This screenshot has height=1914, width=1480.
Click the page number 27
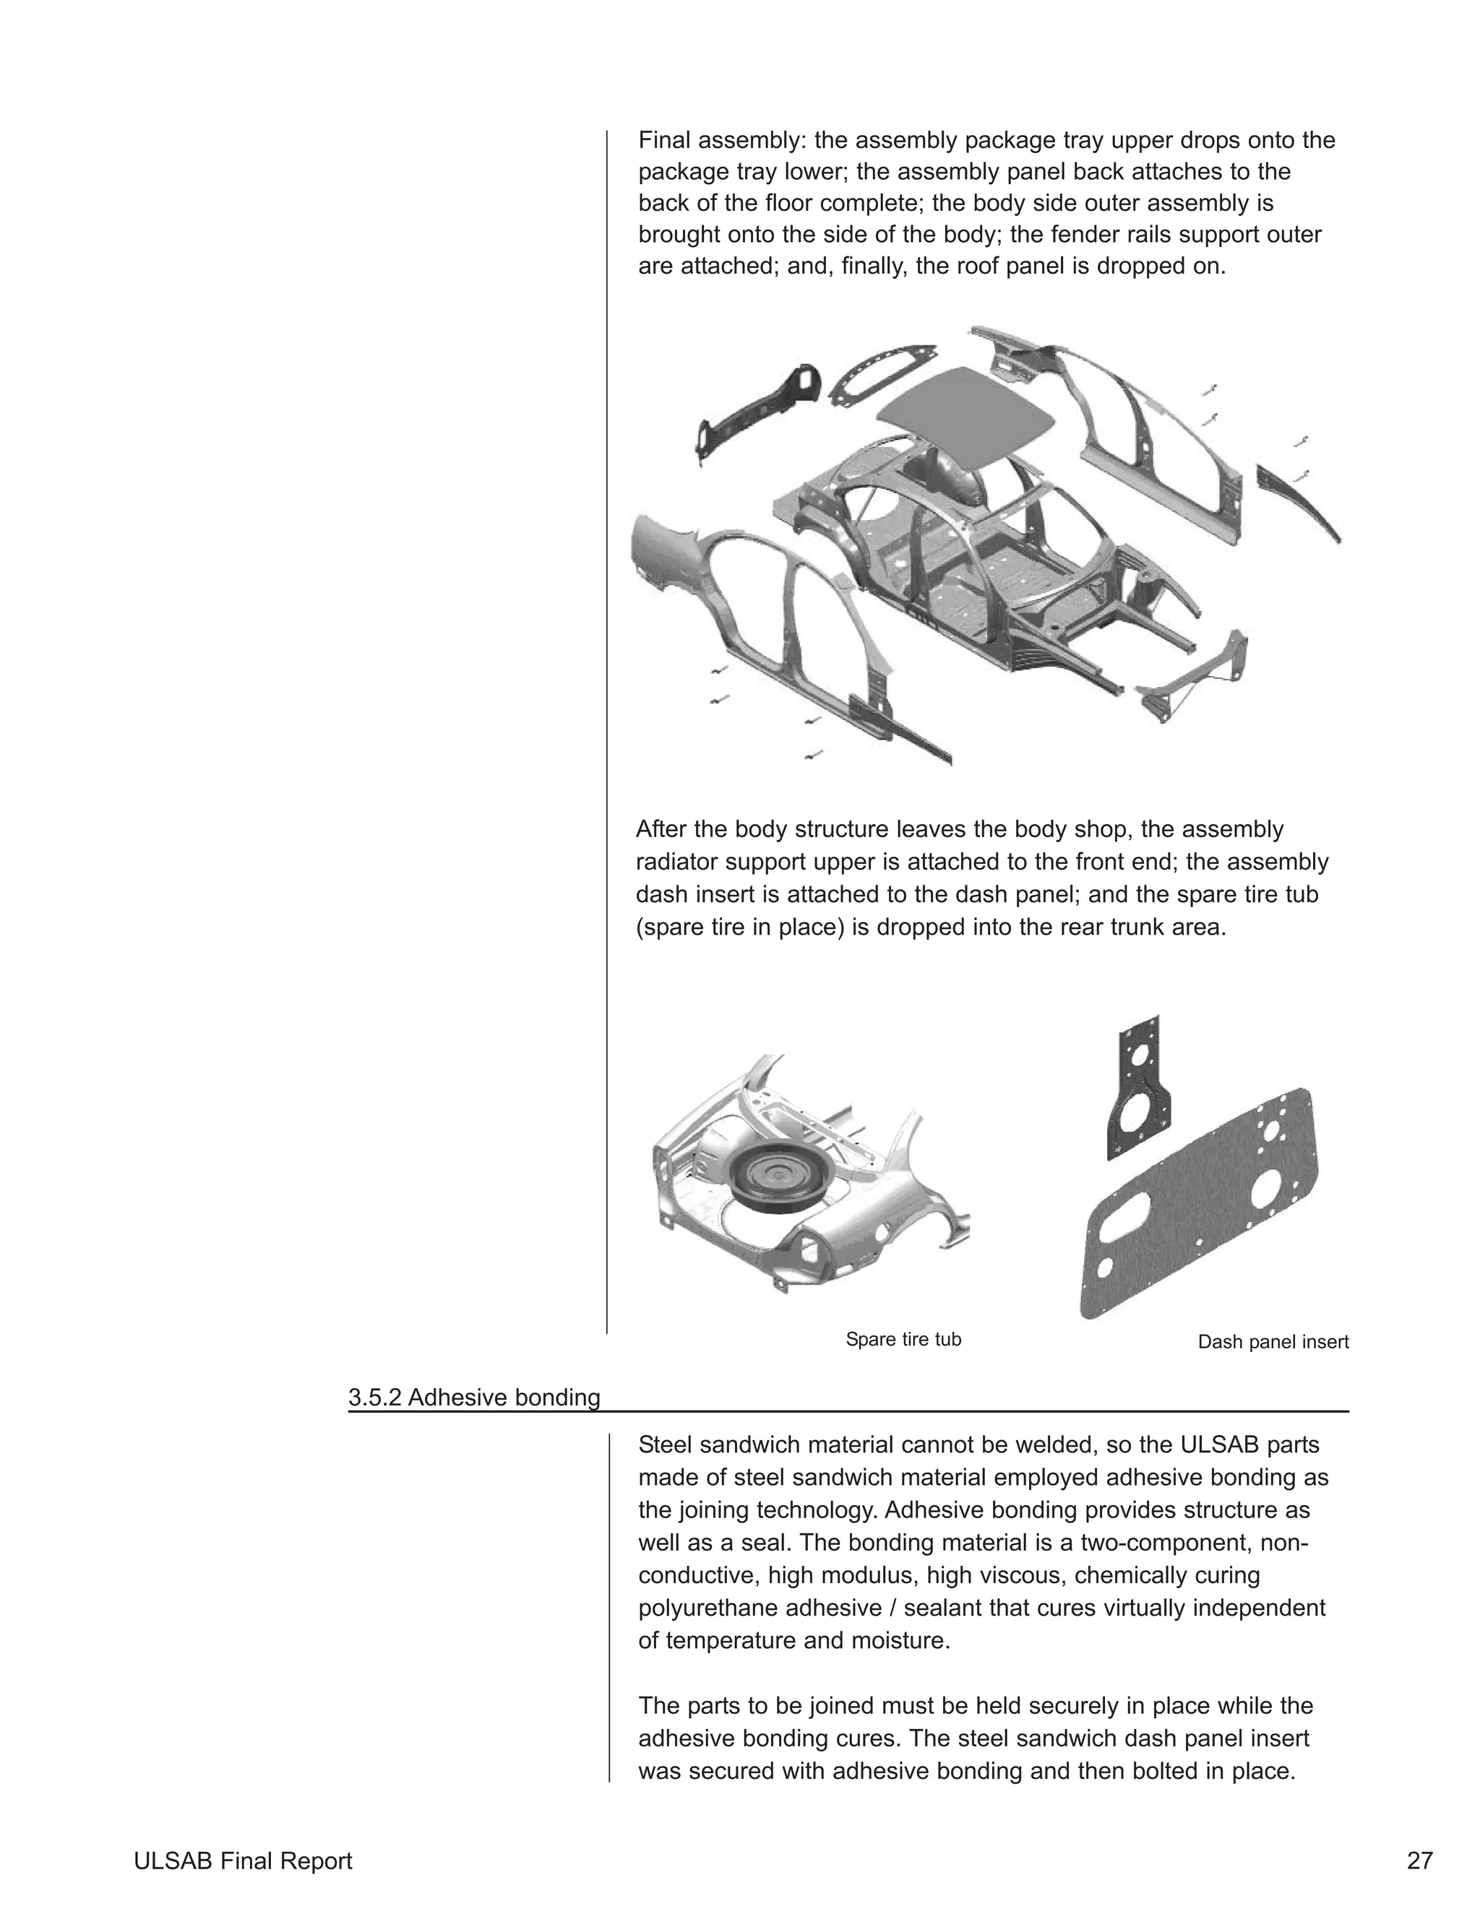(1419, 1861)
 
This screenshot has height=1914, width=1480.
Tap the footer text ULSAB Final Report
(243, 1861)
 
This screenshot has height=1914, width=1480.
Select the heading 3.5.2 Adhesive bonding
(473, 1397)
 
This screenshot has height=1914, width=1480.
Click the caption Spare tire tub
(903, 1339)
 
